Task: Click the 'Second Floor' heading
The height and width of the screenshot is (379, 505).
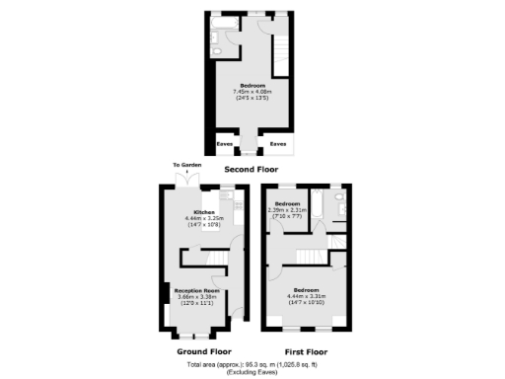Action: (252, 170)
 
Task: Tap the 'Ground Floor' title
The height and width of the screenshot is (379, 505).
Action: (203, 351)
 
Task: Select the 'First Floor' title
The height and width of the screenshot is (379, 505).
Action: (306, 351)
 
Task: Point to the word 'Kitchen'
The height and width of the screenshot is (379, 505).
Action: (204, 212)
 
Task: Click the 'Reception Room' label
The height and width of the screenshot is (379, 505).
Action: (195, 290)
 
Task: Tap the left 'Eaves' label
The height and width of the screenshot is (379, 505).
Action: (225, 144)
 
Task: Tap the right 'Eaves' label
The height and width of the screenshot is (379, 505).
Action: (279, 144)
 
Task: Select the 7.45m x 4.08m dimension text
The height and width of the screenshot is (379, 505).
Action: (250, 92)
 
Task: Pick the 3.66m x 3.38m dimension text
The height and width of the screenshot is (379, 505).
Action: (195, 296)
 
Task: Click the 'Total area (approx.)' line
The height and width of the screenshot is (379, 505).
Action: (252, 365)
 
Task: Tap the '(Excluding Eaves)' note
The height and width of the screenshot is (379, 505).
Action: (252, 372)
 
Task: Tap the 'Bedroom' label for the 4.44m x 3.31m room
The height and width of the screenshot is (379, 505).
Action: (305, 290)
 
